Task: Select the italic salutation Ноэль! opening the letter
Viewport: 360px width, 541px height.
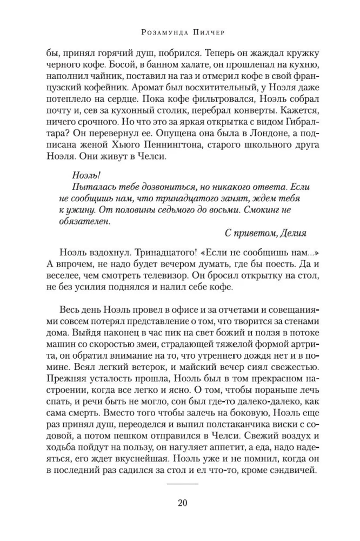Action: pos(86,175)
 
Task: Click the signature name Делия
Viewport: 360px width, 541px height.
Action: pos(292,233)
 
